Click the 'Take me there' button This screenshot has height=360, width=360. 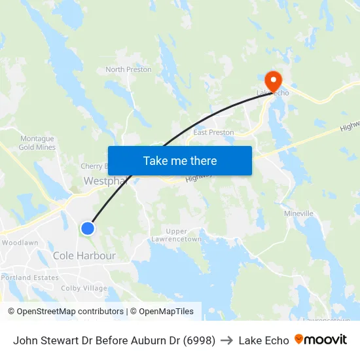179,161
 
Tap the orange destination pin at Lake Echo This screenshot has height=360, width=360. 272,81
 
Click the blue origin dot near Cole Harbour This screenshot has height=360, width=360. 87,228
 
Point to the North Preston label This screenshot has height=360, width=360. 128,69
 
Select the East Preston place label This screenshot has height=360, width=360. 213,132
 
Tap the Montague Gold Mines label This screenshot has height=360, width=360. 37,143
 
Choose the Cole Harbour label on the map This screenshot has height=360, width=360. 84,256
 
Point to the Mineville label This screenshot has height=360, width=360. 298,214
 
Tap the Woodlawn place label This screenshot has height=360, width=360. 20,243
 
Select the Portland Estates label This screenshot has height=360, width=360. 29,278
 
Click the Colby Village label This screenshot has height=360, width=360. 84,288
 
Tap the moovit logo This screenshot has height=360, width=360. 321,340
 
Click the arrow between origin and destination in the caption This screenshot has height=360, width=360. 226,340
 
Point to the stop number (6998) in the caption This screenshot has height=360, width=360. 200,340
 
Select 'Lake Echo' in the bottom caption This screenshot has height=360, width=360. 263,340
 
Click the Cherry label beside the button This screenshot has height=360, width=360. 92,166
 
